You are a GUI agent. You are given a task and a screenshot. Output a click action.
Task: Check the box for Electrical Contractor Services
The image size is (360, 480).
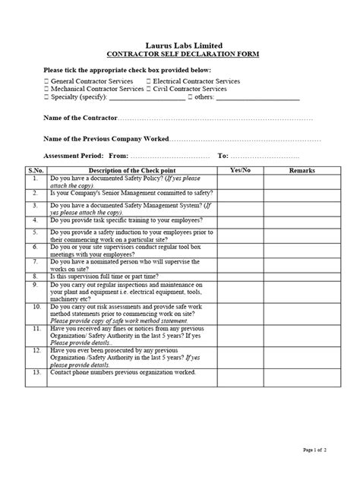coord(147,81)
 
